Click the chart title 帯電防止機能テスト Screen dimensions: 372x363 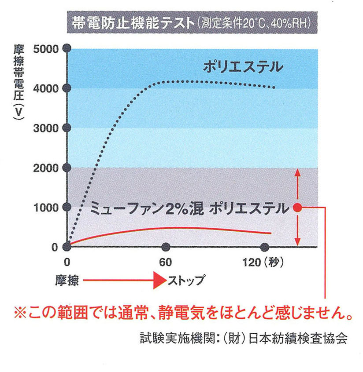click(130, 22)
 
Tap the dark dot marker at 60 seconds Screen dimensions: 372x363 click(166, 247)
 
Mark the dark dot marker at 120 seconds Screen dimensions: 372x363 click(265, 247)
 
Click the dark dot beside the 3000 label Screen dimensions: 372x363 click(67, 128)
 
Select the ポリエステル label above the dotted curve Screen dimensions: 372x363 click(243, 68)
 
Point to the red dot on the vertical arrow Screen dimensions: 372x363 click(297, 207)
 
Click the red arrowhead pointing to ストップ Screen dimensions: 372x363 click(159, 280)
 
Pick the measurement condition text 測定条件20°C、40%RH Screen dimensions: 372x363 click(256, 22)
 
